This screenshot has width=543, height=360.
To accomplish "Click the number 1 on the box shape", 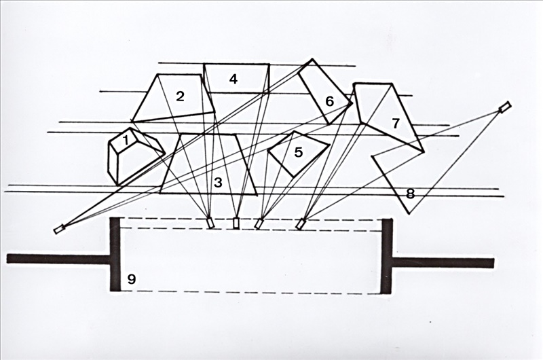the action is coord(126,141).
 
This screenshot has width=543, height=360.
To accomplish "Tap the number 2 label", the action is coord(180,96).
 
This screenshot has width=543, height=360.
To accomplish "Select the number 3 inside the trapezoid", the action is coord(217,182).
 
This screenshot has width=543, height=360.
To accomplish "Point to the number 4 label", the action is coord(233,79).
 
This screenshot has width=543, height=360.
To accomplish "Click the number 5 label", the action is coord(298,152).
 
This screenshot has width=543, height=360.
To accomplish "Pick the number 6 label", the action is coord(329,101).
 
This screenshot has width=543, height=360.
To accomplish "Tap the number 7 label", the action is coord(396,124).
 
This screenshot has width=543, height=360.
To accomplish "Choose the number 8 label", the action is coord(410,194).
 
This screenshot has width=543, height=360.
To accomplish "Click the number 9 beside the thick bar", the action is coord(131,279).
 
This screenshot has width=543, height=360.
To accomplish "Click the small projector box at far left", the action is coord(60,228).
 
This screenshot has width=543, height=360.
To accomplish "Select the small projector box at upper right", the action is coord(505,107).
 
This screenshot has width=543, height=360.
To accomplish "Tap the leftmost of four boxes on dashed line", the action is coord(210,223).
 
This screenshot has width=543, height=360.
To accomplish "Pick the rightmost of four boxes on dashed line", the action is coord(301,224).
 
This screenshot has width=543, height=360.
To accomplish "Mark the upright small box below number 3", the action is coord(236,223).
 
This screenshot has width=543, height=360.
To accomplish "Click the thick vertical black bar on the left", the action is coord(115,254).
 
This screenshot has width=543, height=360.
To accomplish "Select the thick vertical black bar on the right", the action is coord(387,256).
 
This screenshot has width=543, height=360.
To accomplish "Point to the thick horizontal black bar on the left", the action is coord(58,259).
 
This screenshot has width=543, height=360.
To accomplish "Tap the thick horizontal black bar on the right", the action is coord(443,263).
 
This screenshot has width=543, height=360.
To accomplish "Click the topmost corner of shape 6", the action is coord(312,59).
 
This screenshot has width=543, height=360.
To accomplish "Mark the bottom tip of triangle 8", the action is coord(410,213).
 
